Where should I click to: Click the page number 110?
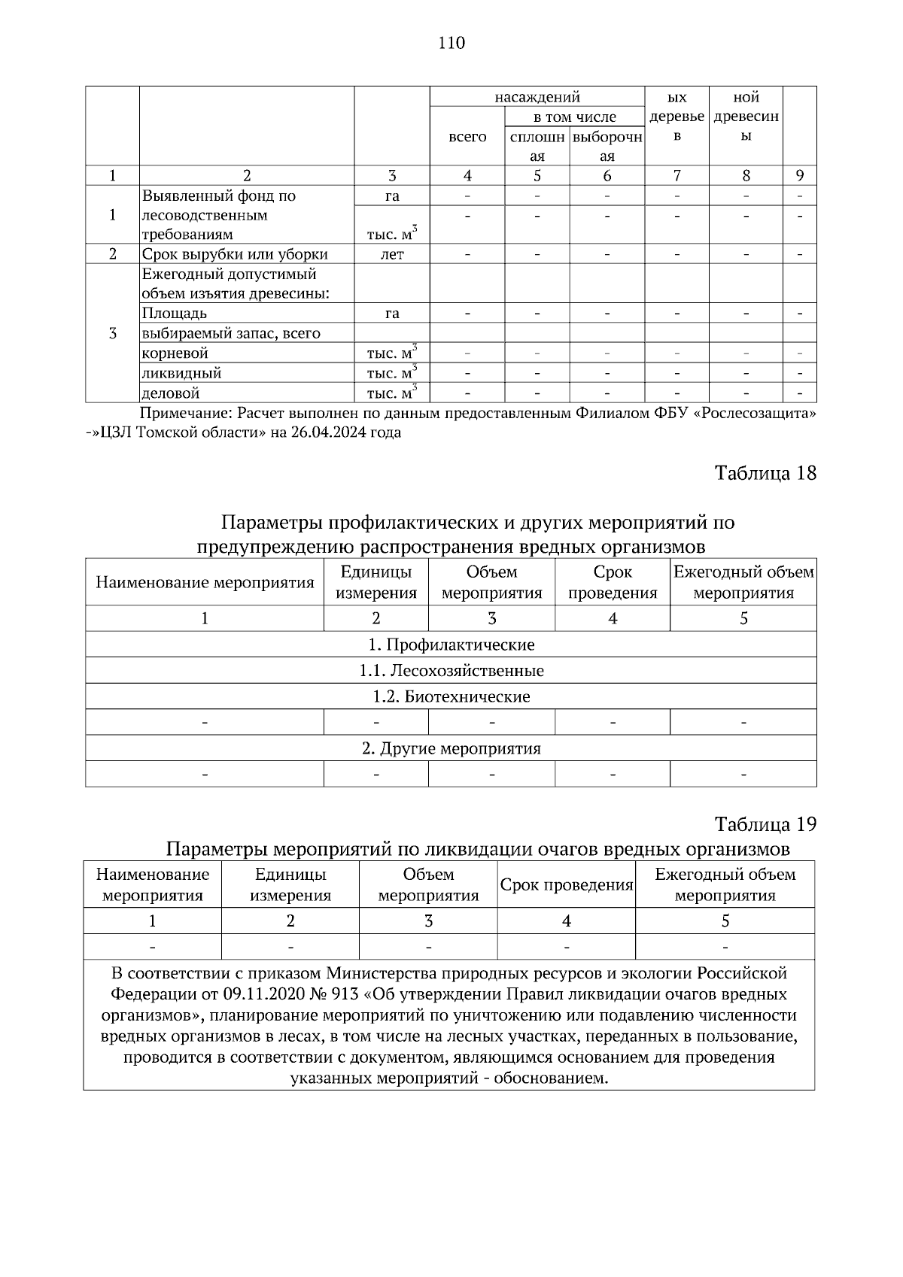(x=451, y=43)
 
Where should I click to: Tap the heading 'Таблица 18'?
(x=765, y=473)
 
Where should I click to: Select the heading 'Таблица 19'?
(x=765, y=824)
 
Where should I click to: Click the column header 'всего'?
(x=467, y=137)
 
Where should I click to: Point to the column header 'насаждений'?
(x=537, y=97)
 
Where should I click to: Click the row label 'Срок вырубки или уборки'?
(x=235, y=254)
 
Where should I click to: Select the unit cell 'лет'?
(x=392, y=254)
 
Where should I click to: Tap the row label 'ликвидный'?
(x=181, y=373)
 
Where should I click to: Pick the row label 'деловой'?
(x=171, y=393)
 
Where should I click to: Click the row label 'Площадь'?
(x=174, y=313)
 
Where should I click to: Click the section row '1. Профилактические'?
(x=451, y=645)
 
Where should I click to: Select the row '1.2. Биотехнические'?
(x=451, y=696)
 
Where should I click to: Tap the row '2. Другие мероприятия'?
(x=451, y=748)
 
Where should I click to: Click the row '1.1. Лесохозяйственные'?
(x=451, y=670)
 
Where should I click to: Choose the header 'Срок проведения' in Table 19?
(x=566, y=885)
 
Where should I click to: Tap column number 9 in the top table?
(x=800, y=176)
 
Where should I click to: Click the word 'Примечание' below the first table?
(x=186, y=413)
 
